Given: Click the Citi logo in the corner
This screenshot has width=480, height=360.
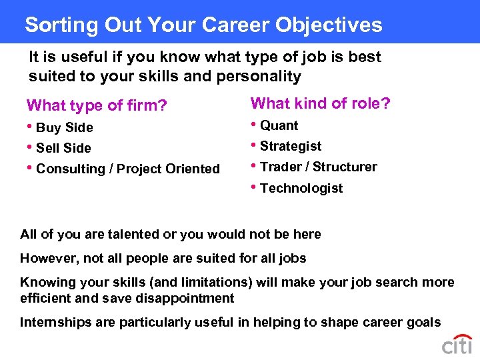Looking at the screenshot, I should point(457,345).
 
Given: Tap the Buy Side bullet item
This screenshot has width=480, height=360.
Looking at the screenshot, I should point(64,127).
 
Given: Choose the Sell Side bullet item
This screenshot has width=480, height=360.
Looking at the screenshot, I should point(63,148).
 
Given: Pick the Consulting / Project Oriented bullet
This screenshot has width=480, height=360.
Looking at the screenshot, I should point(127,169).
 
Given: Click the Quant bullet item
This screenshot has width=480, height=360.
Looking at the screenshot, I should point(279,125).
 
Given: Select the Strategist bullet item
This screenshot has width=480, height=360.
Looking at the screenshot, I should point(291,146).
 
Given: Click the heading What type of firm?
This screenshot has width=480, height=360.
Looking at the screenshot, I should point(96,105).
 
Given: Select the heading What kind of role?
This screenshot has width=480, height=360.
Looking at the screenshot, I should point(320,103).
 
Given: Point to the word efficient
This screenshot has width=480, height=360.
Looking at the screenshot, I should point(45,298).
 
